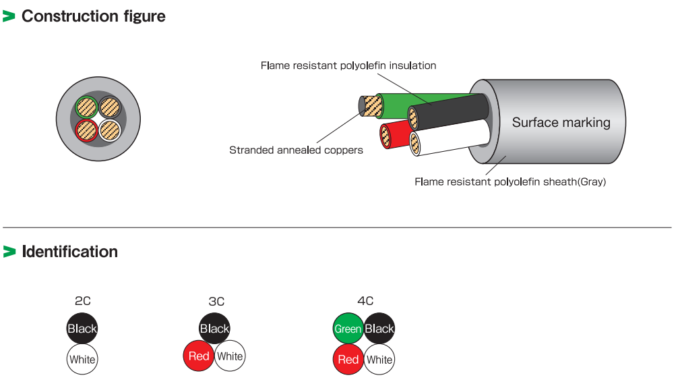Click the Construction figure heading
coord(93,16)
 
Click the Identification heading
coord(69,252)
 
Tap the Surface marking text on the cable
coord(561,122)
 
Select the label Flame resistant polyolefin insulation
coord(348,65)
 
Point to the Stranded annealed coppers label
coord(296,150)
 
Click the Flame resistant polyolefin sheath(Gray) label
coord(510,182)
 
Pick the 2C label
coord(82,302)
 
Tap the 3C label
coord(216,302)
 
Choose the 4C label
coord(365,301)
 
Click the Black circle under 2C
coord(82,329)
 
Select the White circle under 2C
coord(82,359)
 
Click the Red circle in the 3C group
coord(199,356)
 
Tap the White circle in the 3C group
coord(230,356)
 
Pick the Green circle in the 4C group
coord(348,329)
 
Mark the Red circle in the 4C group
coord(348,359)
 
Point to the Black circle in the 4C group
coord(379,329)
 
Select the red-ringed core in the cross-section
coord(86,130)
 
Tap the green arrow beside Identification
coord(9,252)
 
